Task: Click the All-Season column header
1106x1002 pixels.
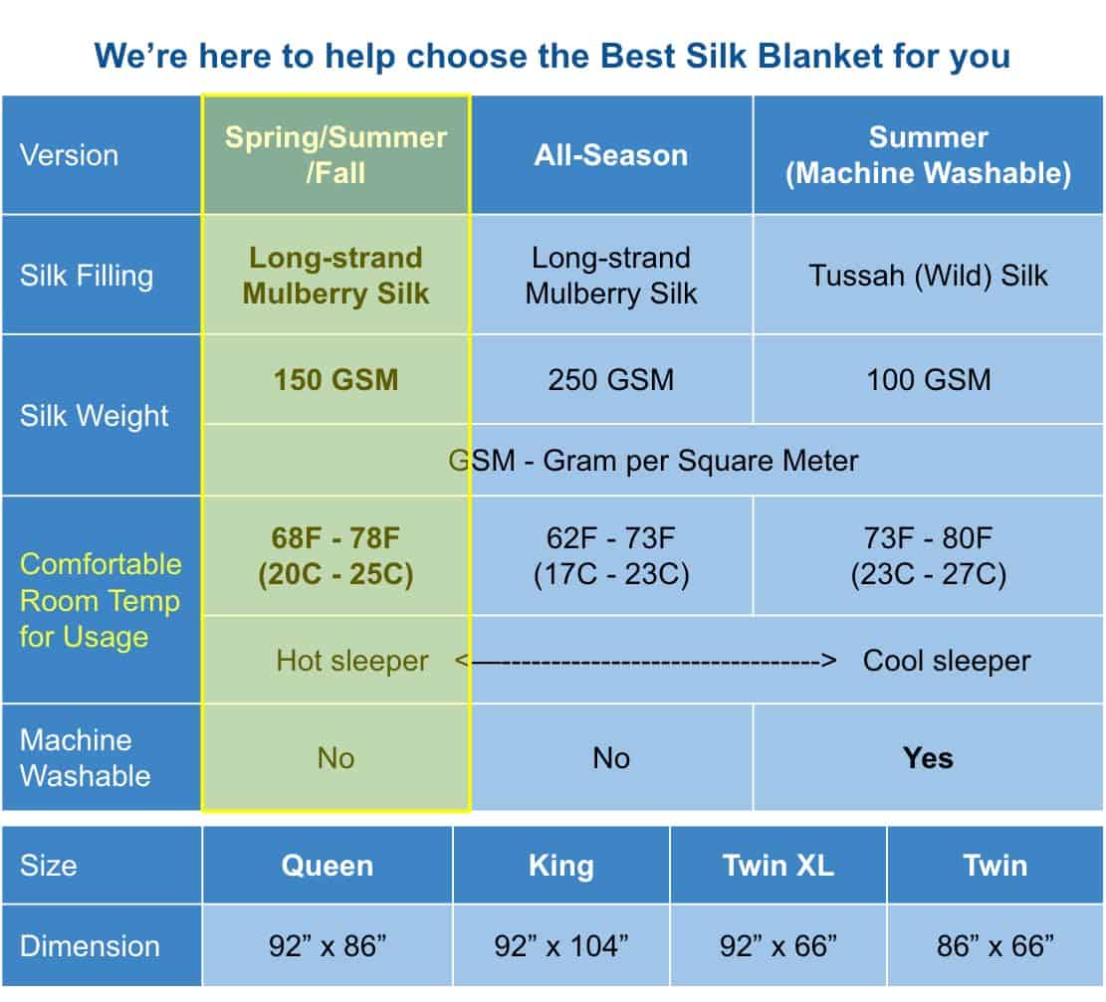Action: click(611, 155)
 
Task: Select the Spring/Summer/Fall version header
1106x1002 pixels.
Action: click(335, 155)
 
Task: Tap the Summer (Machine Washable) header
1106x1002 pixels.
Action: click(928, 155)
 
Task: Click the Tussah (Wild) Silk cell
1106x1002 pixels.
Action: click(928, 275)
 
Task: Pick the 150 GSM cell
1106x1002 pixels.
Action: click(335, 379)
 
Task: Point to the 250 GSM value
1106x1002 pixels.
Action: click(611, 379)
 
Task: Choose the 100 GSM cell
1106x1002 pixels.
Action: click(928, 379)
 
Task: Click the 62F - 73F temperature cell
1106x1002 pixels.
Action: click(611, 555)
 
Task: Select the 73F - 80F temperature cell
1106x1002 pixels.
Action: click(928, 555)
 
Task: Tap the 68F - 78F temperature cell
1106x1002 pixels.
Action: click(335, 555)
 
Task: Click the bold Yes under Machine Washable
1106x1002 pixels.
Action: click(928, 758)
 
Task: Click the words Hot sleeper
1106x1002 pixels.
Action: click(352, 661)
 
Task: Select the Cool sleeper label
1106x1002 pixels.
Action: click(947, 661)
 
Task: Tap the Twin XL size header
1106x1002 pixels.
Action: click(778, 866)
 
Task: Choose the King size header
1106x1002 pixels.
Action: click(561, 866)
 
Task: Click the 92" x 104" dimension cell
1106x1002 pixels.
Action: click(561, 945)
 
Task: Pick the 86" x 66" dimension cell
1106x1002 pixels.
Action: click(995, 945)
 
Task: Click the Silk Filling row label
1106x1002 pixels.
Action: click(87, 276)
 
